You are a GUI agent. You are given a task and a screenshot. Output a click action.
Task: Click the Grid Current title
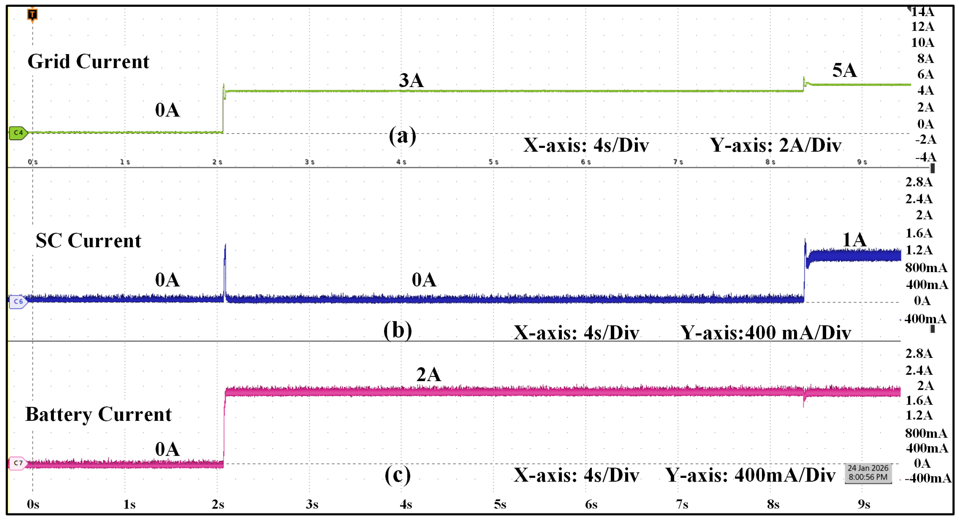(x=88, y=61)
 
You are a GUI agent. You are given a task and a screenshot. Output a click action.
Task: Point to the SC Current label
(x=88, y=241)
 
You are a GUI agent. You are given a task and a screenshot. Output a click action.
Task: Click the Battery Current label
(x=98, y=414)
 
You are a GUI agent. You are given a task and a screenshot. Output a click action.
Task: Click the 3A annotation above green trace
(x=411, y=80)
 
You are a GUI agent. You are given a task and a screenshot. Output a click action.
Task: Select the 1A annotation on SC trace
(x=854, y=239)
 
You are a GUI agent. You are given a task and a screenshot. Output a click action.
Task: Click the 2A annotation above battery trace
(x=428, y=374)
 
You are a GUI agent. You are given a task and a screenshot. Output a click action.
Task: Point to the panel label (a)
(x=402, y=136)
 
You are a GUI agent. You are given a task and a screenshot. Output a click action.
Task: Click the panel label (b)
(x=398, y=330)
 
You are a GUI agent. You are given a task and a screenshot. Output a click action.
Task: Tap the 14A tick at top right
(x=922, y=12)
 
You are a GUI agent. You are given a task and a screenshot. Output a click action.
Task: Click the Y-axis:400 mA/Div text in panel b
(x=765, y=333)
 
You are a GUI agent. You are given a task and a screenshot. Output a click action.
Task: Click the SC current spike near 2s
(x=225, y=261)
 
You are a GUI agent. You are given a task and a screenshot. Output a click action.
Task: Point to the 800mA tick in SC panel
(x=926, y=267)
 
